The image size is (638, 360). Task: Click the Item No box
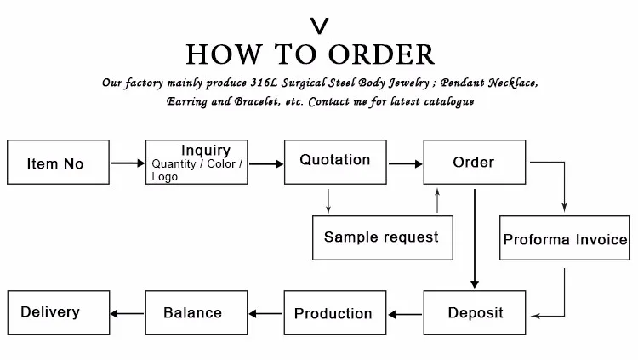click(x=58, y=162)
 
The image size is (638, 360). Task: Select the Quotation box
click(x=335, y=162)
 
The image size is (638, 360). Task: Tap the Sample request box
click(x=383, y=237)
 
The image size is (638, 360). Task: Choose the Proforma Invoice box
click(x=565, y=237)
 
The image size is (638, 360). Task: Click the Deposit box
click(x=475, y=312)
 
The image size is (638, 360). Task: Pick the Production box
click(x=335, y=312)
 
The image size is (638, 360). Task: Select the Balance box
click(x=197, y=312)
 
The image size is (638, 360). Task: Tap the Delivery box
click(x=59, y=312)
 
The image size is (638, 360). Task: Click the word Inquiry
click(x=206, y=151)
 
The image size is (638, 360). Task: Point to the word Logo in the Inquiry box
click(x=165, y=177)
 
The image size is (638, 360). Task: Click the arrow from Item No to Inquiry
click(x=128, y=163)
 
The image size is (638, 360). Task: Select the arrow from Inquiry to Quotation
click(x=266, y=164)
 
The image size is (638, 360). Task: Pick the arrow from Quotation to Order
click(x=406, y=164)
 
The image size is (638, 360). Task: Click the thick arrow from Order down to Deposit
click(x=475, y=238)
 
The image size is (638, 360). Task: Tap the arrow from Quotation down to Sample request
click(x=328, y=201)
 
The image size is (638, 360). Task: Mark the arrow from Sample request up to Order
click(x=437, y=200)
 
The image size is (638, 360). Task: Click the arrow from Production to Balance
click(x=265, y=313)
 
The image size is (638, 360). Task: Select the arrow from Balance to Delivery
click(x=127, y=313)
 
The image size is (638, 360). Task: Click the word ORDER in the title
click(x=382, y=54)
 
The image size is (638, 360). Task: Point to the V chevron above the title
click(x=319, y=26)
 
